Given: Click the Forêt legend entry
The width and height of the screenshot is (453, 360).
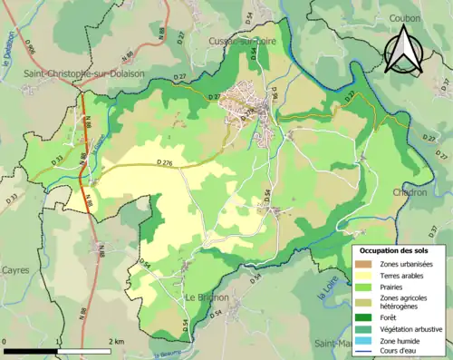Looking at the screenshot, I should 393,316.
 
